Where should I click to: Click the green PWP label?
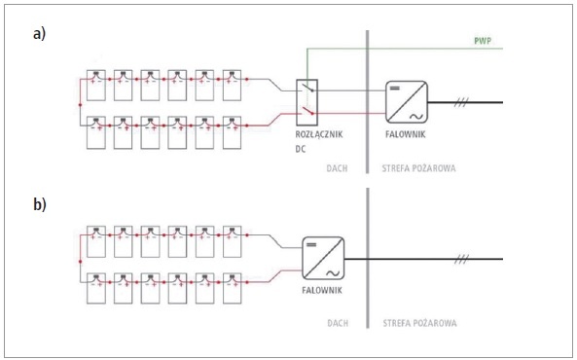pos(483,41)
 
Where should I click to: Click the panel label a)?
pos(39,34)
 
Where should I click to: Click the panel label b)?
pos(40,204)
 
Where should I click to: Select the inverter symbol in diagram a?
pos(407,102)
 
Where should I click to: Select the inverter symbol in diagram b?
pos(323,258)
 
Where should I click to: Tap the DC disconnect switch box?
pos(307,102)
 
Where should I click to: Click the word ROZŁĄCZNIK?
pos(319,134)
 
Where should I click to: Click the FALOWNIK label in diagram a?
pos(406,134)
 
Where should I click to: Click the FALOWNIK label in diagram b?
pos(322,290)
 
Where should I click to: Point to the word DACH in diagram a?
pos(337,168)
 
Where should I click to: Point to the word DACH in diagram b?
pos(338,323)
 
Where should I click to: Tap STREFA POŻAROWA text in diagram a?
pos(418,168)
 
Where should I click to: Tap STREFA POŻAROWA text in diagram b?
pos(420,323)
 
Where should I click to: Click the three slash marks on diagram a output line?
pos(461,102)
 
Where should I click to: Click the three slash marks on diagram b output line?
pos(461,259)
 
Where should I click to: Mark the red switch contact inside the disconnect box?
pos(308,110)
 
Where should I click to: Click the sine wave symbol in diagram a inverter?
pos(416,117)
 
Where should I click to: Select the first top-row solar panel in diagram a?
pos(96,85)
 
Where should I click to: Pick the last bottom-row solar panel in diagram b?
pos(233,288)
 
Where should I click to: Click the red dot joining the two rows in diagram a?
pos(80,105)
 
